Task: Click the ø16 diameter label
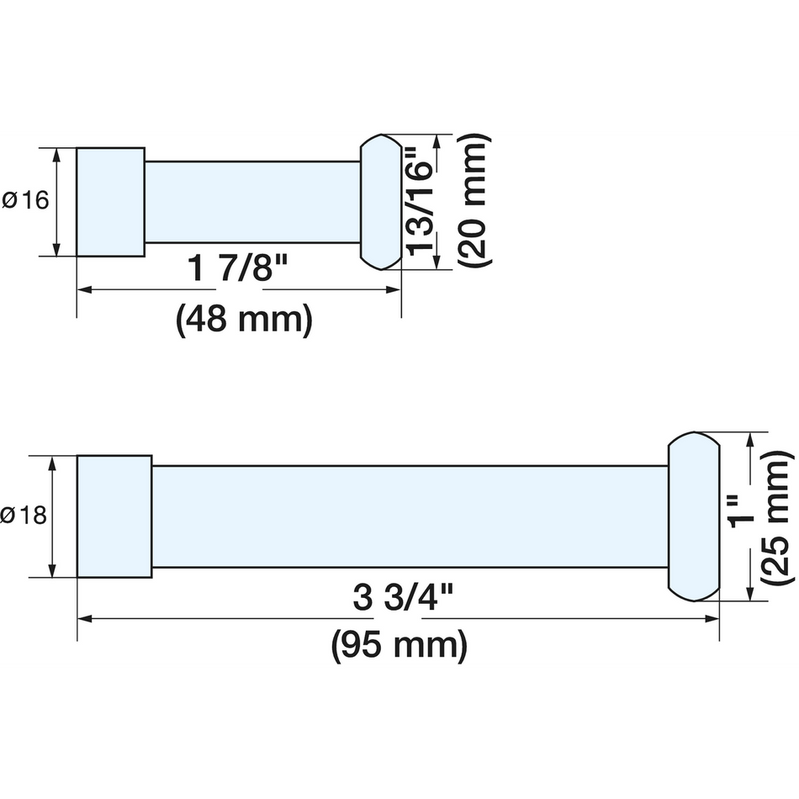point(25,200)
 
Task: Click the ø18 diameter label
point(24,516)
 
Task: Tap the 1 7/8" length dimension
point(238,267)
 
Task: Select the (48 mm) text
point(244,320)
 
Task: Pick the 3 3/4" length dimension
point(403,598)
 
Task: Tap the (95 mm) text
point(399,646)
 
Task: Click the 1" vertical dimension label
point(743,516)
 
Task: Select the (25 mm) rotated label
point(777,517)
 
